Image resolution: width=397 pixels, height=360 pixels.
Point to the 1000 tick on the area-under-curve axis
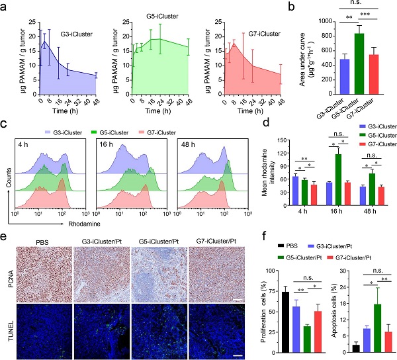(x=305, y=22)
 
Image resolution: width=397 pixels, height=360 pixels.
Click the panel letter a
(x=5, y=6)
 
